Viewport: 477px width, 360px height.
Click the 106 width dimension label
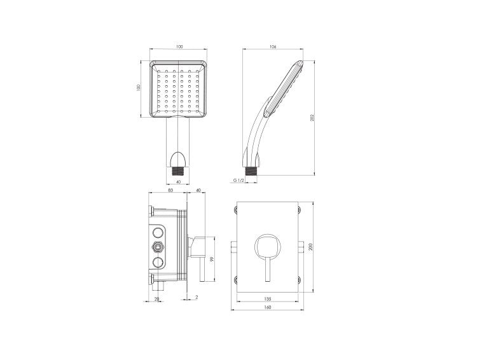273,47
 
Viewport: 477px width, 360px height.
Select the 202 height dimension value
312,118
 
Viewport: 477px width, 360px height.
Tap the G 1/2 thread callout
238,180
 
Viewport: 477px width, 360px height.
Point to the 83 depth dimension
170,190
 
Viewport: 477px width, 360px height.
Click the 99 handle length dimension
212,260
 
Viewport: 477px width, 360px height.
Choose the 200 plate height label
310,247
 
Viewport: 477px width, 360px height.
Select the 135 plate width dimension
268,299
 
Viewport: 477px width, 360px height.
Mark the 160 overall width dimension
268,307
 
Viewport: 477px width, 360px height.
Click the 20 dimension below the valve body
157,299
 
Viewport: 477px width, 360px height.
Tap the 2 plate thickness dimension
197,297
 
